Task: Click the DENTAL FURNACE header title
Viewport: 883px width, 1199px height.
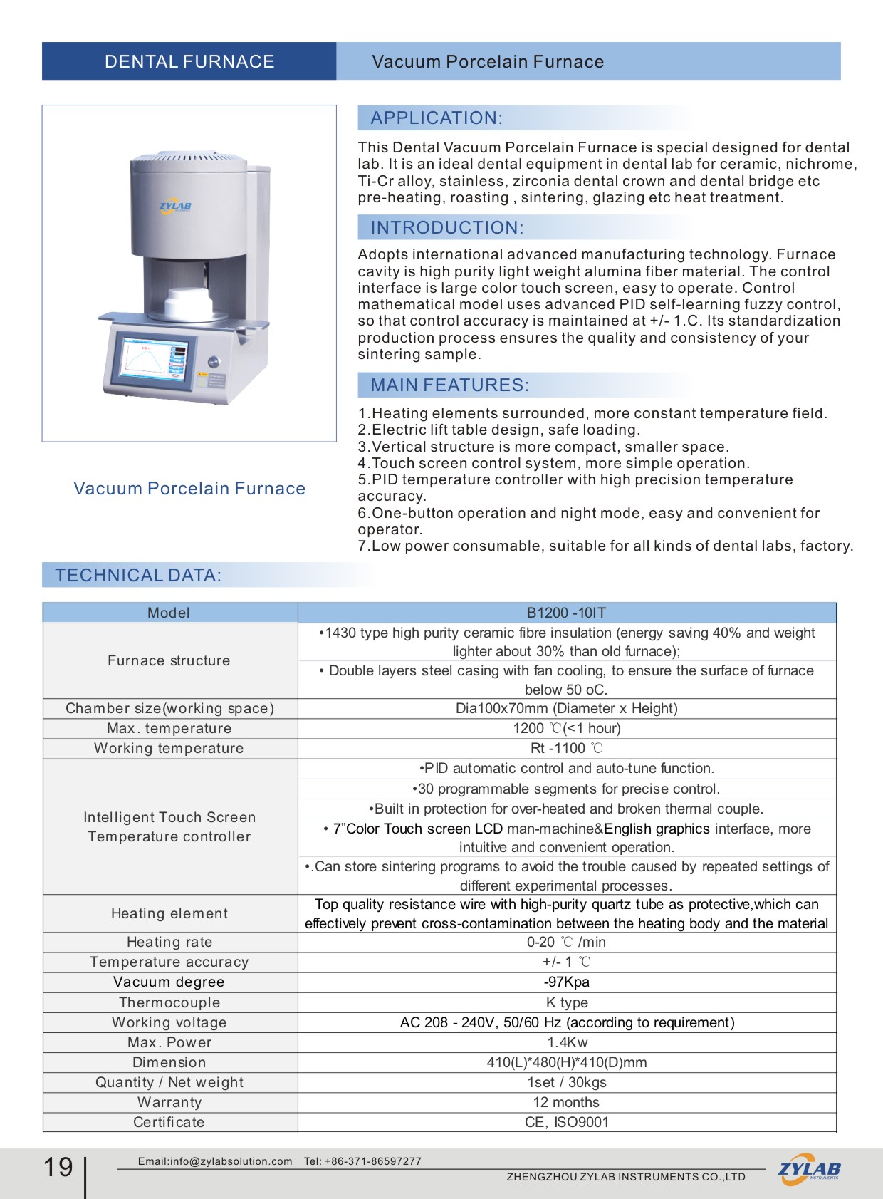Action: [189, 62]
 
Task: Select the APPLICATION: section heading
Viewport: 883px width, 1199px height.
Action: [436, 118]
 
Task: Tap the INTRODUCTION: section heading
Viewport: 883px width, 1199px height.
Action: [446, 228]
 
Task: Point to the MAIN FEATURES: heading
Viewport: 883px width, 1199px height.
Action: [449, 385]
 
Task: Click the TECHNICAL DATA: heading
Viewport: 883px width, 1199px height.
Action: [138, 576]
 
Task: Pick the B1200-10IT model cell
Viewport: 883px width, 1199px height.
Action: [566, 613]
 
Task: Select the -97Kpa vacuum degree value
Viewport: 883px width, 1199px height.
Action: [566, 982]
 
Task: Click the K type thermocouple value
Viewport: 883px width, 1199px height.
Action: [566, 1002]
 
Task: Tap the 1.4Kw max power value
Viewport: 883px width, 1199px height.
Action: [567, 1042]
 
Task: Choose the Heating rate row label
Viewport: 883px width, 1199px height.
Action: [169, 942]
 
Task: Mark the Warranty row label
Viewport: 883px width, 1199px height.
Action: [169, 1102]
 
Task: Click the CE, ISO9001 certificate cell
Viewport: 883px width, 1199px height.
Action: [566, 1122]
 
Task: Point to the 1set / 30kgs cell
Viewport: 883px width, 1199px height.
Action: [566, 1082]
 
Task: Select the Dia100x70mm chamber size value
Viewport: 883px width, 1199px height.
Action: [566, 708]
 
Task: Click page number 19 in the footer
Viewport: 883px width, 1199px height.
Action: [58, 1167]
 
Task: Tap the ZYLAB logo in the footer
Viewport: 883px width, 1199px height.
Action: [809, 1169]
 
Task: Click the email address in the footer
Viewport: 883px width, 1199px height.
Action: [215, 1161]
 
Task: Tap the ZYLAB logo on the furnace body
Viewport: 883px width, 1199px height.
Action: [175, 207]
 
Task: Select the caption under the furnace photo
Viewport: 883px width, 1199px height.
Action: [189, 489]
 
